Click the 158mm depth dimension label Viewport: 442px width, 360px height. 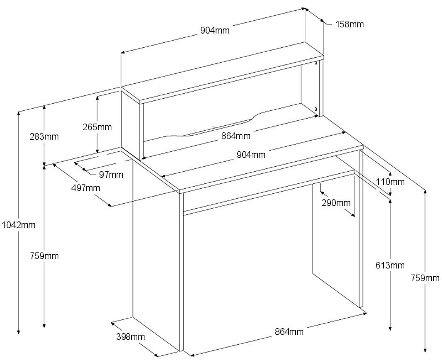coord(350,24)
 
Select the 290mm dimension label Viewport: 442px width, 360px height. coord(336,203)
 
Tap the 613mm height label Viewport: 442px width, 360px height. coord(391,265)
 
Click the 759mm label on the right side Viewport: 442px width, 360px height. coord(425,278)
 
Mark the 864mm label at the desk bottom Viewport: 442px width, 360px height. coord(289,331)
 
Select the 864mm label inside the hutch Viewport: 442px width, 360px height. coord(236,136)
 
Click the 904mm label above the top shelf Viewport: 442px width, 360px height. coord(215,30)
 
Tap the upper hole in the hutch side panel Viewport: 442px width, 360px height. coord(316,63)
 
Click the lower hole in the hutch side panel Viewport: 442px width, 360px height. coord(316,109)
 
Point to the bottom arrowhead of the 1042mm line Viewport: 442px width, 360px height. coord(18,332)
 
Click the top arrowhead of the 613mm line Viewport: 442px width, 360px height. coord(390,200)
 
